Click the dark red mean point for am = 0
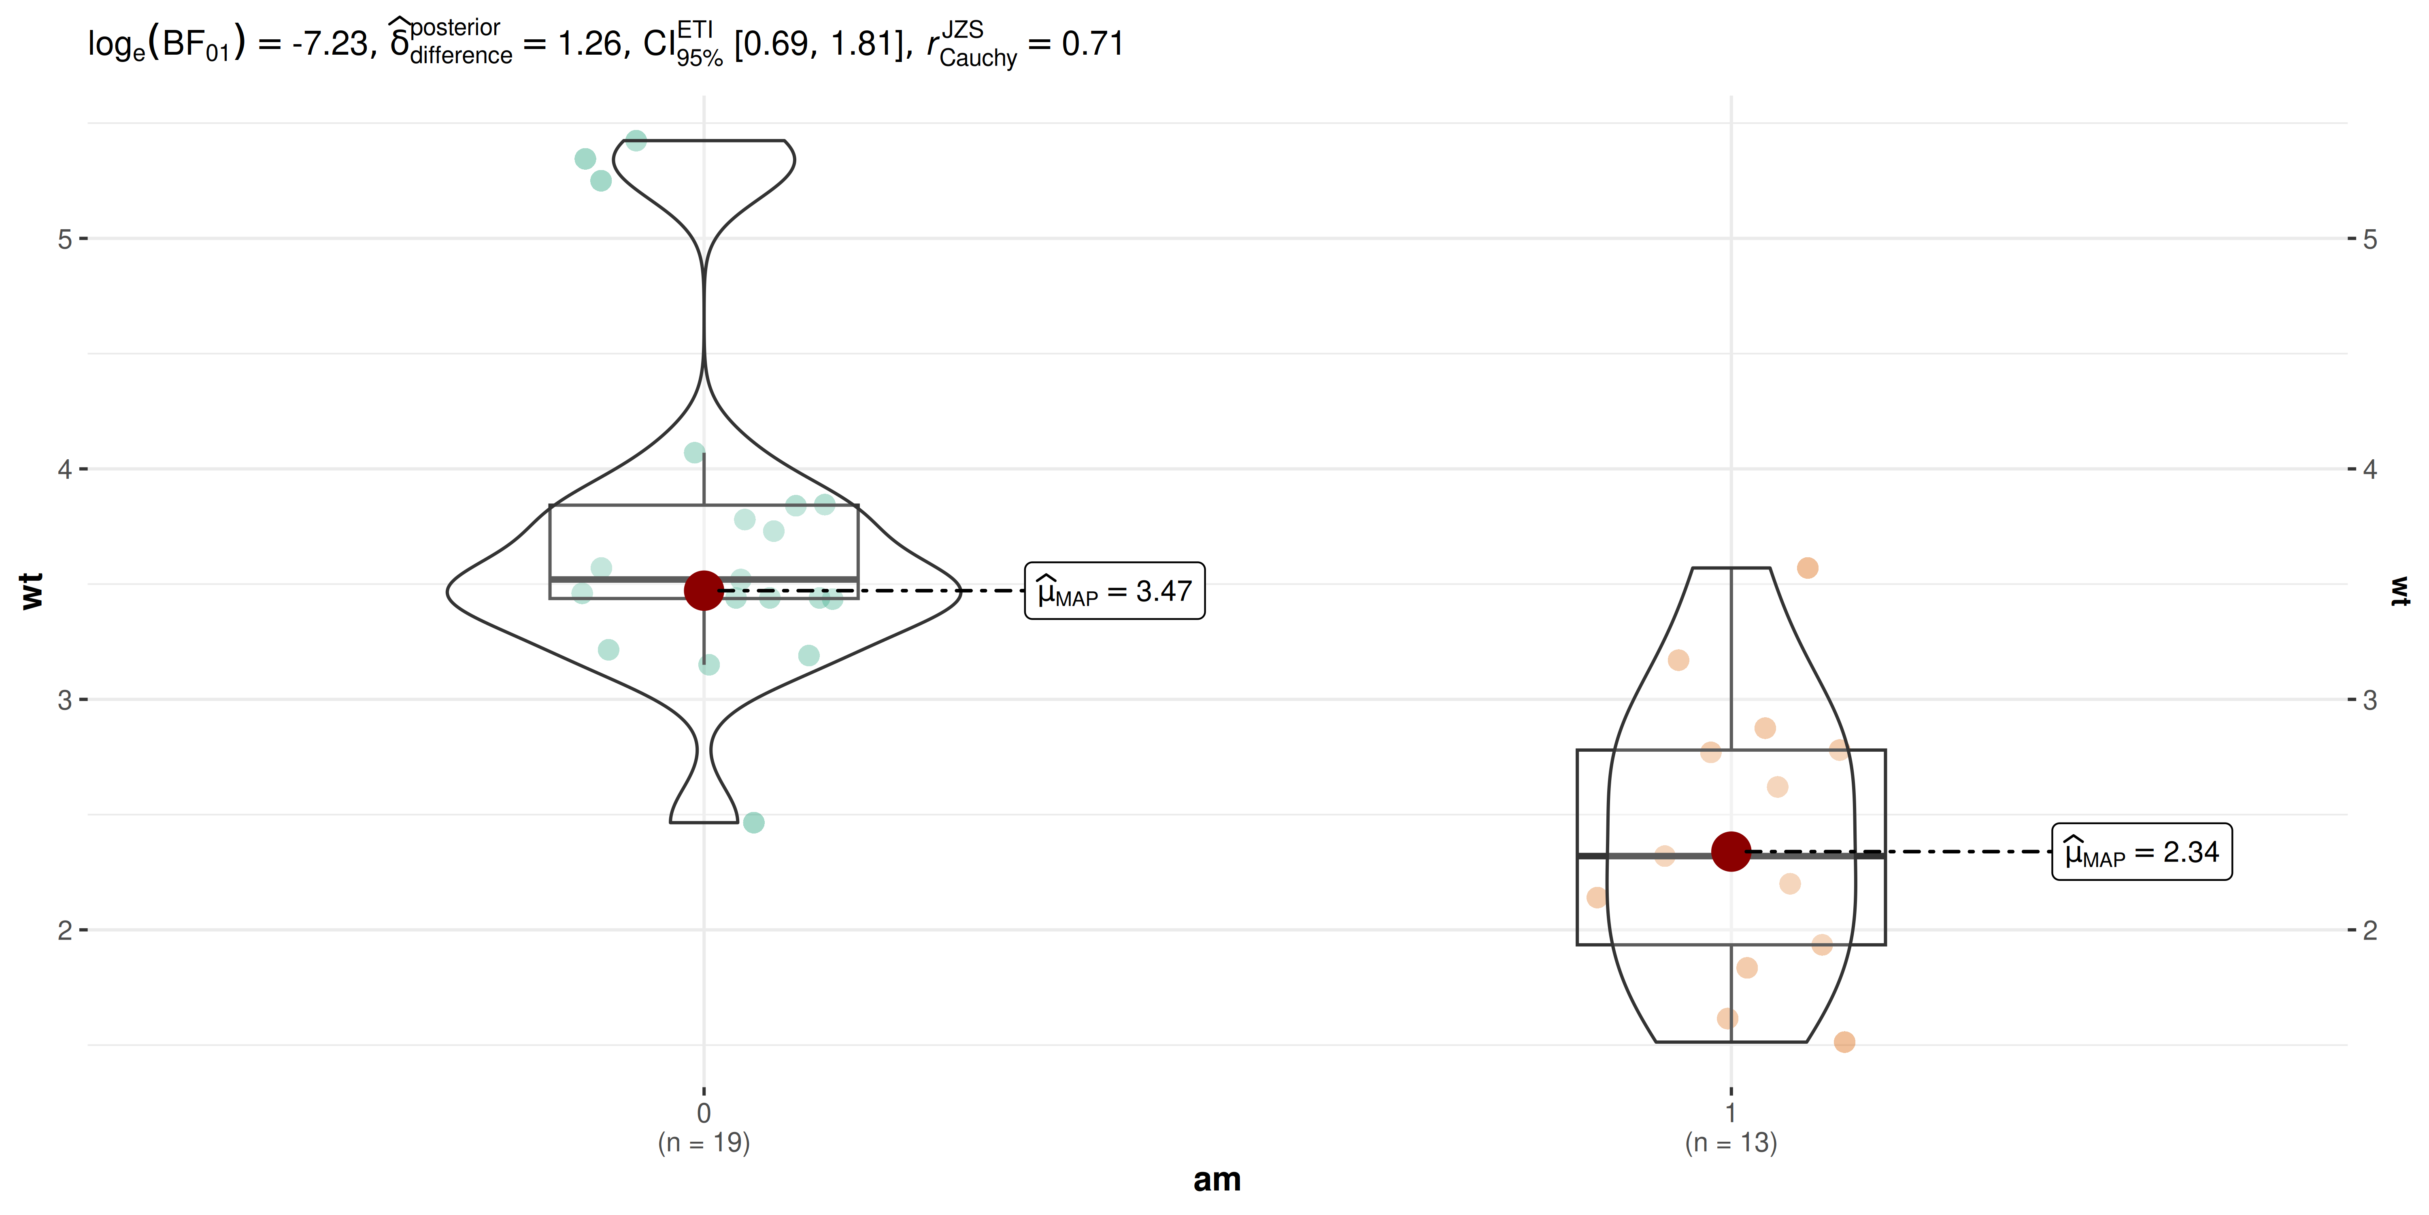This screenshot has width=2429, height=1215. click(704, 590)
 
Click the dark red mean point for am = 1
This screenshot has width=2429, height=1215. click(1730, 852)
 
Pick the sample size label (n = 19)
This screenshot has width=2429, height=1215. click(704, 1143)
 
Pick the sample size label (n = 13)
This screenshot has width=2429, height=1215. click(1730, 1143)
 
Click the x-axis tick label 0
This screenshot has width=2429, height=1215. click(704, 1113)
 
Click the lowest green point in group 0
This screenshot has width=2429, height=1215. click(753, 823)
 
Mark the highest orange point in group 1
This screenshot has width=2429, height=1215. click(1807, 568)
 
